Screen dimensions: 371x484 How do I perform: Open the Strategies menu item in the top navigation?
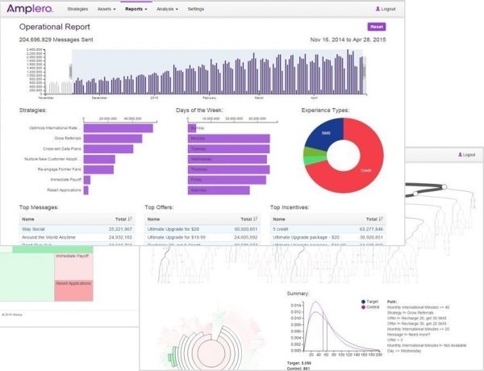tap(78, 8)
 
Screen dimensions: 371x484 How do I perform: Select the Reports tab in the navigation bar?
tap(135, 8)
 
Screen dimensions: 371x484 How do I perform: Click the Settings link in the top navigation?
tap(195, 8)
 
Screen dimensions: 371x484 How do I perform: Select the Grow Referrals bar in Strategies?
tap(113, 139)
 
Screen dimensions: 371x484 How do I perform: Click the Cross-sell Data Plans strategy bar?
tap(108, 149)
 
